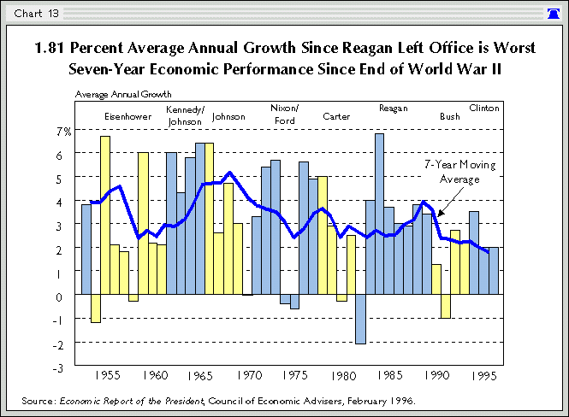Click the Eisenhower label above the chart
(x=128, y=115)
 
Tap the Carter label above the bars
(x=335, y=115)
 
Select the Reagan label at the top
(x=393, y=109)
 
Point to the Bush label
(x=449, y=115)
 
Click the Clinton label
(x=484, y=109)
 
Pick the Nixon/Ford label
(x=284, y=114)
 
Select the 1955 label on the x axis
(x=107, y=375)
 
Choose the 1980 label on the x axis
(x=344, y=375)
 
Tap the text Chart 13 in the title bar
(x=32, y=13)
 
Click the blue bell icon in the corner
(x=554, y=13)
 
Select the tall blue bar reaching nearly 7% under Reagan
(x=379, y=214)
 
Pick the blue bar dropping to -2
(x=360, y=320)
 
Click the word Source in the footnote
(x=37, y=400)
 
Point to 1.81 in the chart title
(x=50, y=48)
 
